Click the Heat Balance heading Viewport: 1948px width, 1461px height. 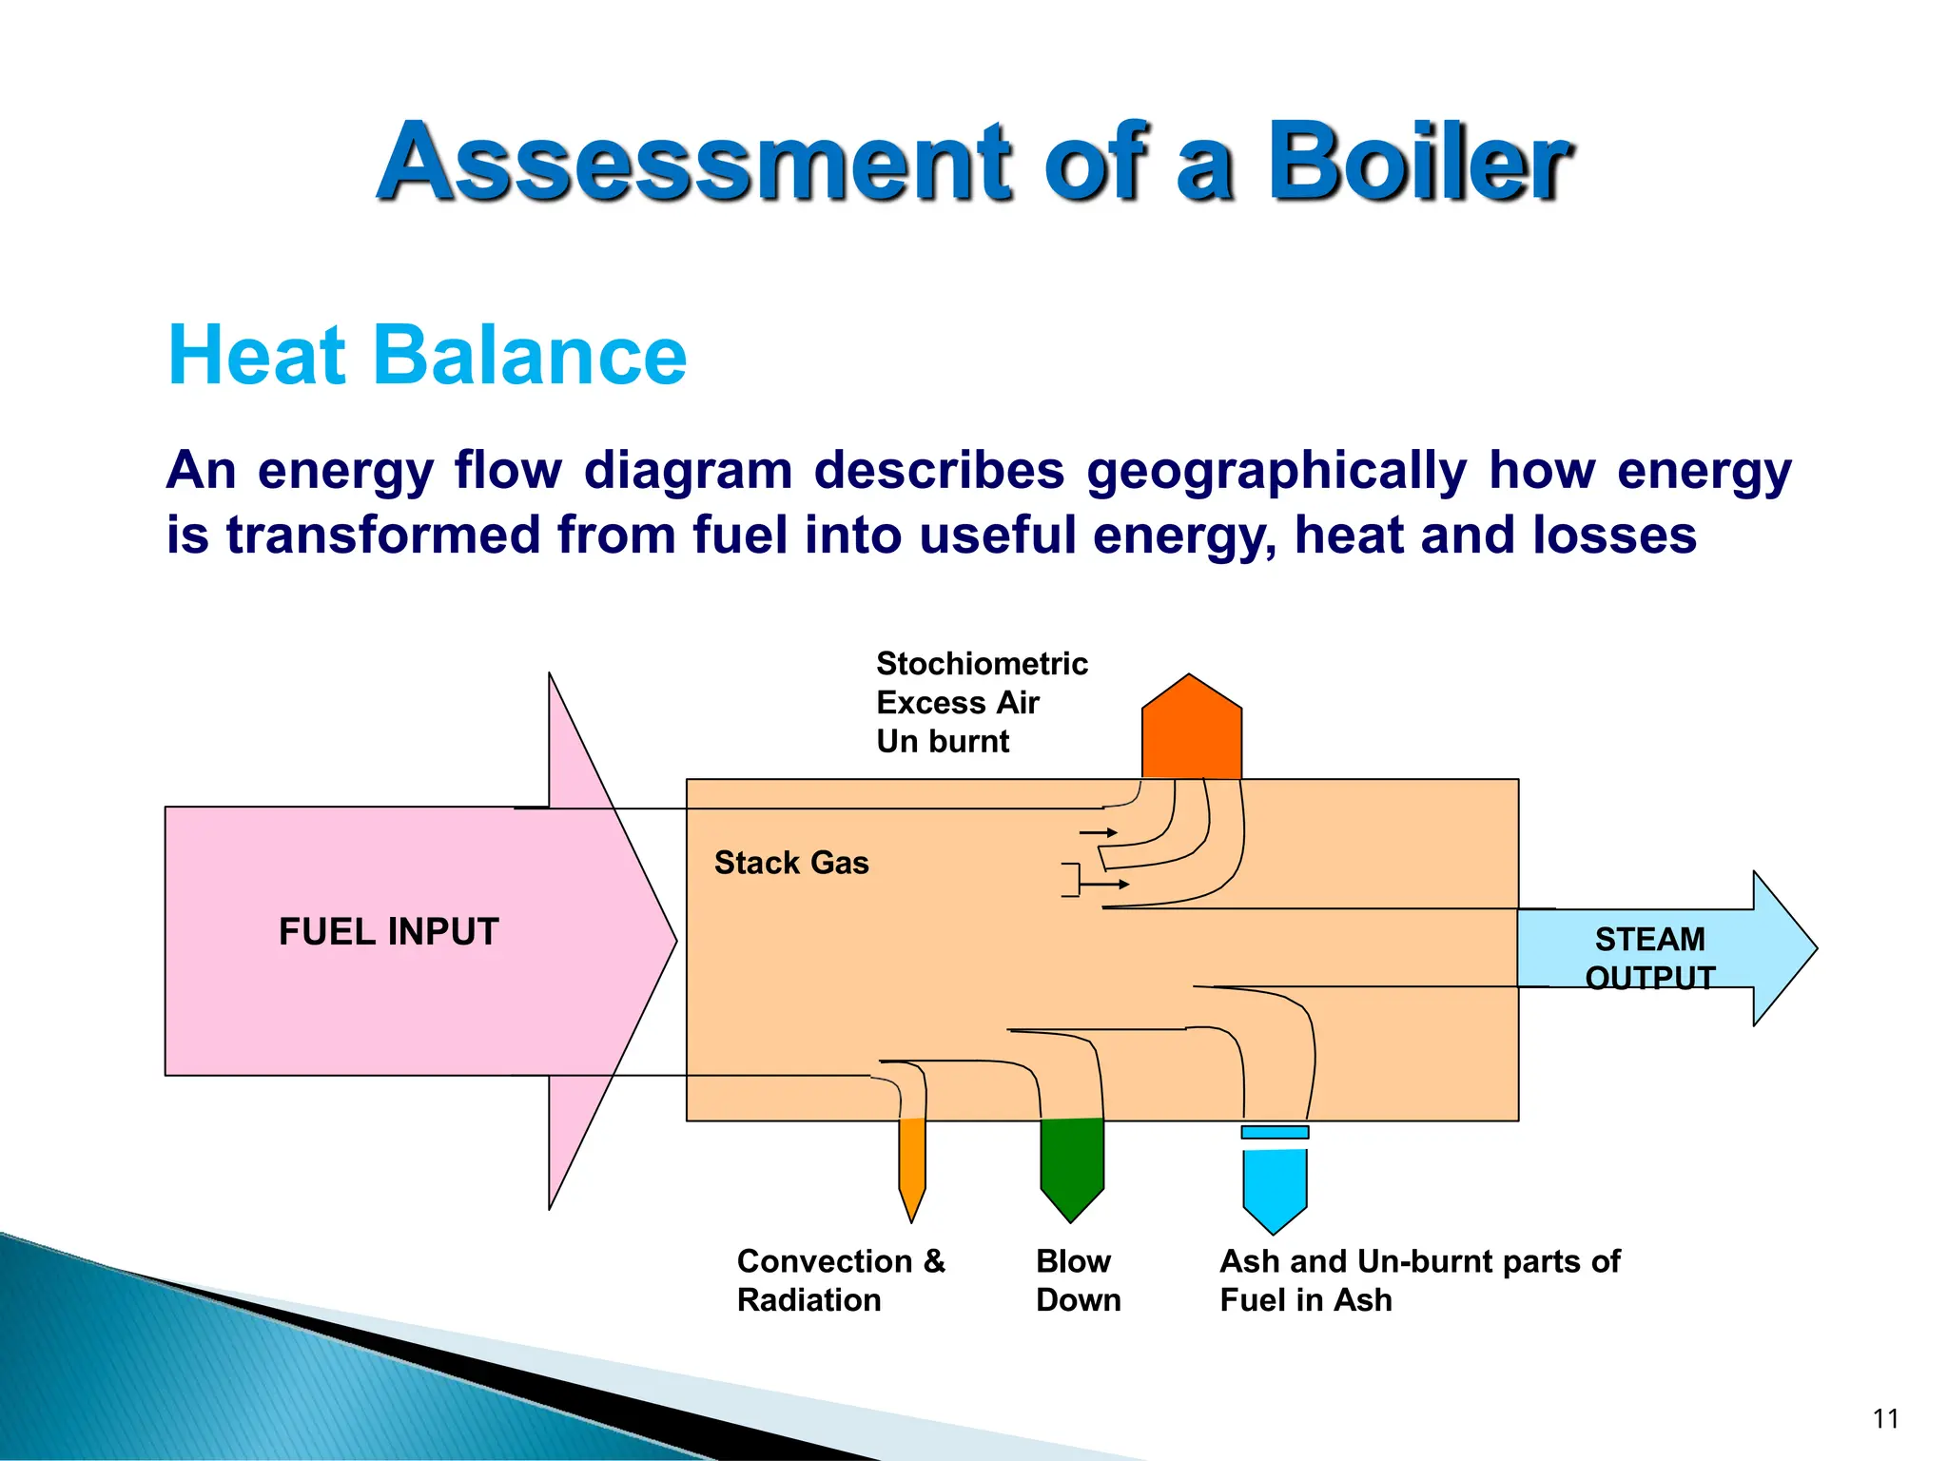pyautogui.click(x=427, y=355)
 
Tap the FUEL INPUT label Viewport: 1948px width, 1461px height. pyautogui.click(x=388, y=931)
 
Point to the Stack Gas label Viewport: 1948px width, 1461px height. pyautogui.click(x=791, y=863)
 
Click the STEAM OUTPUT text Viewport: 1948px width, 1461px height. pyautogui.click(x=1649, y=958)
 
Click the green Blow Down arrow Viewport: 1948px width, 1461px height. pyautogui.click(x=1072, y=1165)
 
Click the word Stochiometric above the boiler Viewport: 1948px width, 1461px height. pyautogui.click(x=982, y=663)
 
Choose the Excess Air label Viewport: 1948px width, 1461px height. pyautogui.click(x=958, y=702)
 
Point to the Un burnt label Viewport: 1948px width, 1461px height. pyautogui.click(x=943, y=741)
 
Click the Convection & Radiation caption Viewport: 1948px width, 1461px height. pyautogui.click(x=841, y=1280)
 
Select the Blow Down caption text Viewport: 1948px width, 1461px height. pyautogui.click(x=1078, y=1280)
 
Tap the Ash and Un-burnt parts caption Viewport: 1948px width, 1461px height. pyautogui.click(x=1419, y=1280)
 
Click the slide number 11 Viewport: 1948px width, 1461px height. pyautogui.click(x=1885, y=1419)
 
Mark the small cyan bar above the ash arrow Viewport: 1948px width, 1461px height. pyautogui.click(x=1275, y=1132)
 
